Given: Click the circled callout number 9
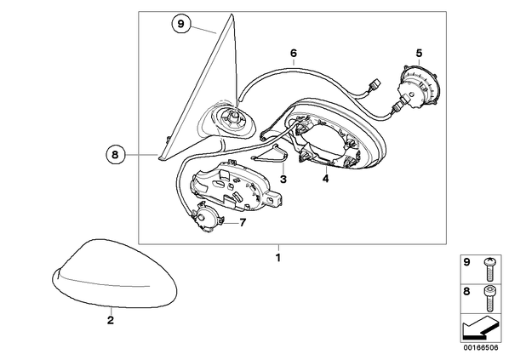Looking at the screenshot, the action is tap(180, 24).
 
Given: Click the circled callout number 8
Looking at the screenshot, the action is tap(115, 155).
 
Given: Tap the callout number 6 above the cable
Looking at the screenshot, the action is tap(294, 53).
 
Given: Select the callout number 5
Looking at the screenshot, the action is tap(419, 53).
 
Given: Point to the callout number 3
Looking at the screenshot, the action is tap(283, 179).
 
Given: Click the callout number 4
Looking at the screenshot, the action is tap(325, 178).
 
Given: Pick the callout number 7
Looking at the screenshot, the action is tap(243, 223).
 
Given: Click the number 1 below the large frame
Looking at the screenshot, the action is tap(277, 258).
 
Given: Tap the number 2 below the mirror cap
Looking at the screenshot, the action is tap(111, 320).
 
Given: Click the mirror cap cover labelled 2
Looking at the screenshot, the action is tap(115, 273).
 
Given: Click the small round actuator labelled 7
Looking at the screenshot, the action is tap(206, 219).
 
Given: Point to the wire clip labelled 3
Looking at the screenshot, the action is tap(271, 153).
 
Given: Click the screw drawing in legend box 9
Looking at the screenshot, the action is tap(488, 270).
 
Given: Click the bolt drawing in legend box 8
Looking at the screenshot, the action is tap(489, 299).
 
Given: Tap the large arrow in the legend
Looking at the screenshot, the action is tap(480, 329).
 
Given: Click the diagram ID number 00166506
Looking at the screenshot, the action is tap(481, 347).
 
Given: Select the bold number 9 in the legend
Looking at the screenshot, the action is tap(466, 262).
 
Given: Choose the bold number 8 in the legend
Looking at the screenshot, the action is tap(466, 292).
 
